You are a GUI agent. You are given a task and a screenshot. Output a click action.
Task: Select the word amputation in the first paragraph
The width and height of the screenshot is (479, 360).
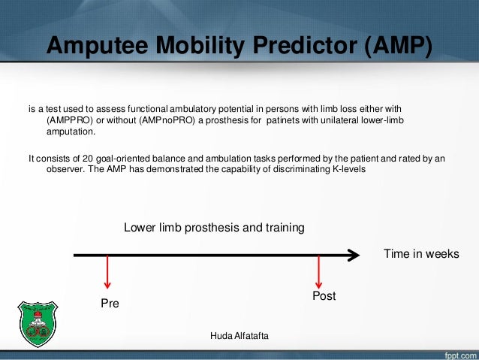(x=71, y=132)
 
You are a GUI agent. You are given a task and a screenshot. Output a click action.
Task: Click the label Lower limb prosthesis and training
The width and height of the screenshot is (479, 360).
(x=214, y=228)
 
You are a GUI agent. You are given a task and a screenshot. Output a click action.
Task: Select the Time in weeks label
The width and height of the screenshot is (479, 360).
(x=420, y=254)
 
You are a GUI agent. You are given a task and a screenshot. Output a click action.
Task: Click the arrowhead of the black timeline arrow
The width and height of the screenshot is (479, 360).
(x=354, y=256)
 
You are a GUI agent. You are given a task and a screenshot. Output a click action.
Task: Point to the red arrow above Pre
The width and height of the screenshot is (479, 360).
(x=108, y=273)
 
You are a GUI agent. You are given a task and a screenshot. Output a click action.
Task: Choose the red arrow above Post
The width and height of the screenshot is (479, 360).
(x=320, y=271)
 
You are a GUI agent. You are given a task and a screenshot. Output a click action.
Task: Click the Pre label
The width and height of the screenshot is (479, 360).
(x=110, y=304)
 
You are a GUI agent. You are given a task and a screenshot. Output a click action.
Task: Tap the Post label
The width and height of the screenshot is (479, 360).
(x=324, y=296)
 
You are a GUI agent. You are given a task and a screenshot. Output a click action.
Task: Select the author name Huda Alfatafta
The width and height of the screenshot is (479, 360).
(x=239, y=334)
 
